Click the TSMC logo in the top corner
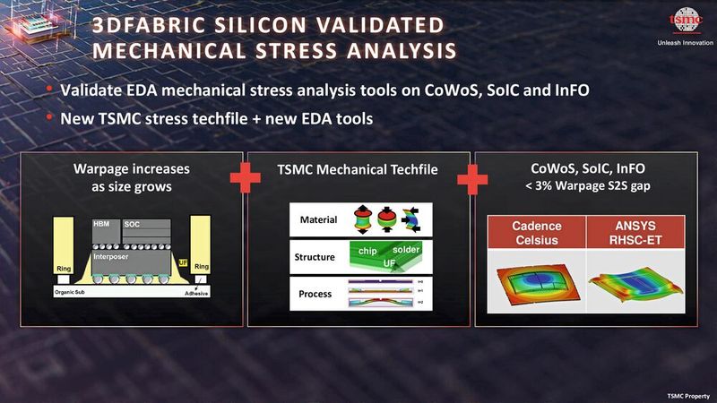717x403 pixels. (x=680, y=22)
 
